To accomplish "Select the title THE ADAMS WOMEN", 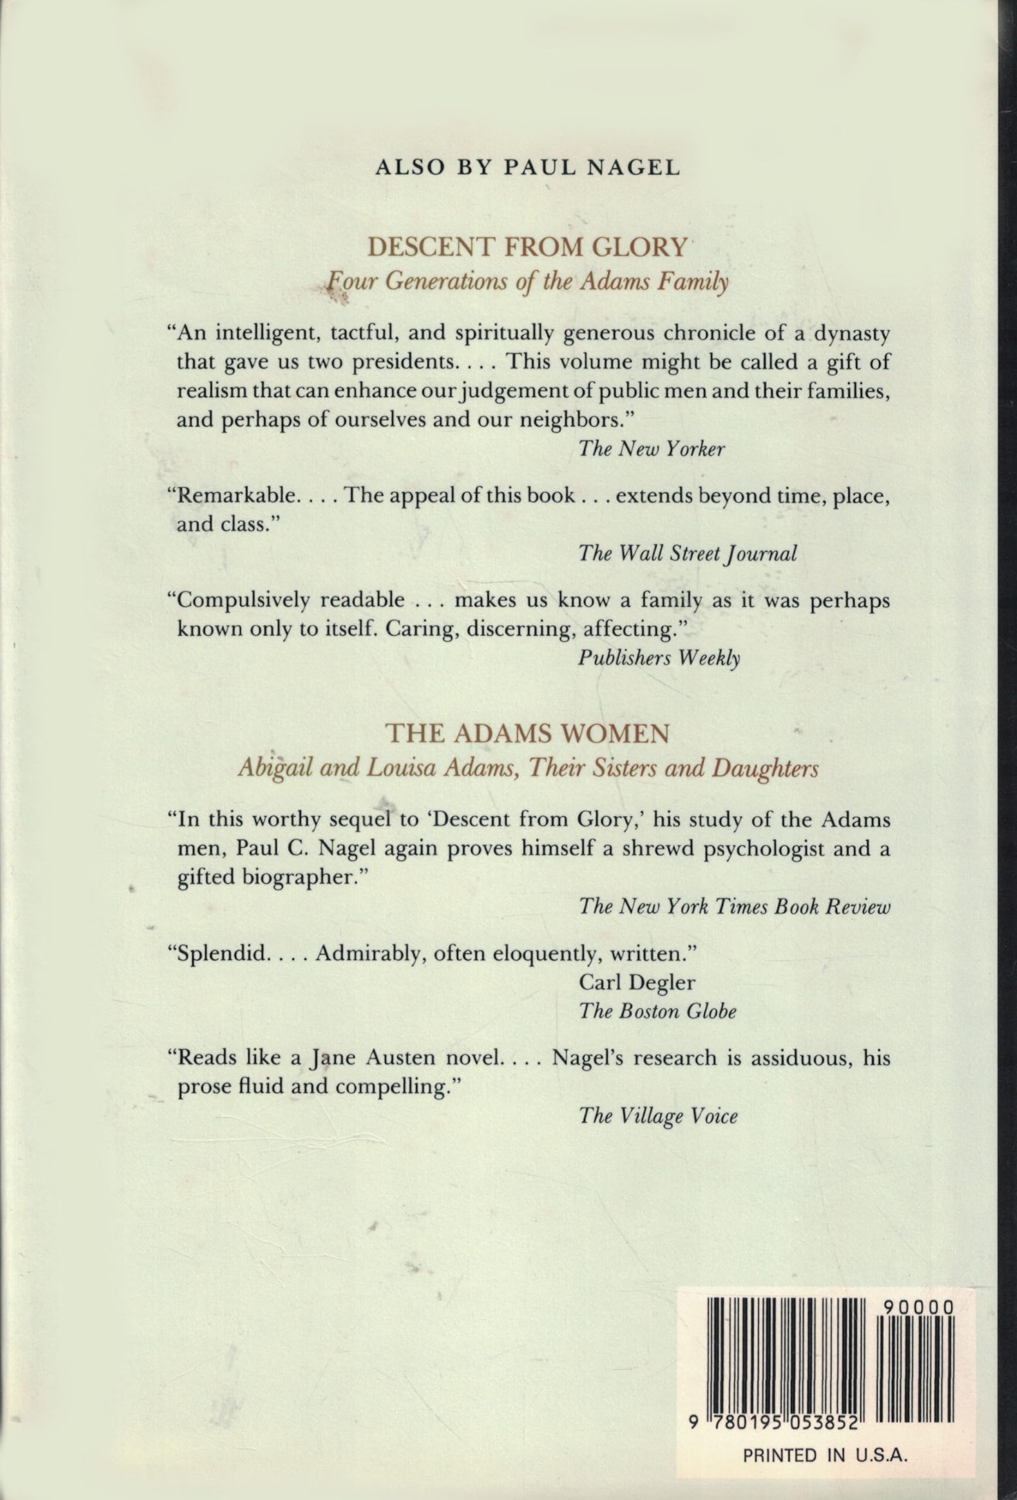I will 527,733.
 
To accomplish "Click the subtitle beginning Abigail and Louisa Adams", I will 527,769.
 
